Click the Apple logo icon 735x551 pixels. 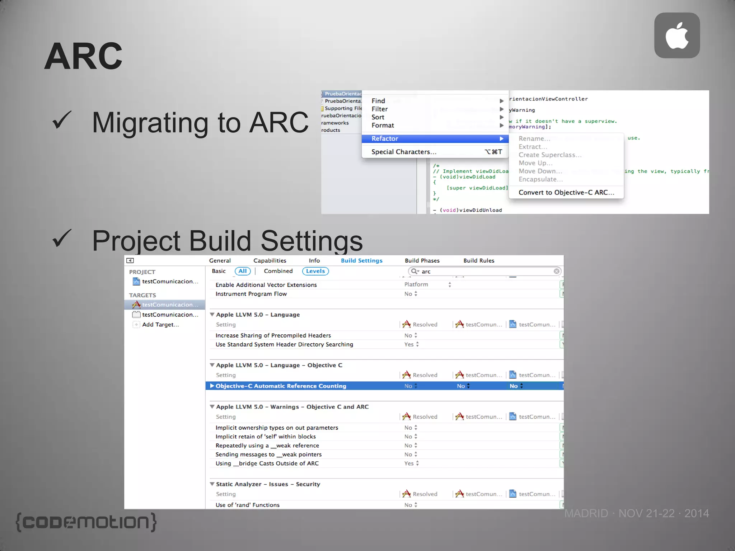click(677, 36)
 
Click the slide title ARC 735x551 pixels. click(83, 56)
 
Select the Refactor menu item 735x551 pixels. click(385, 139)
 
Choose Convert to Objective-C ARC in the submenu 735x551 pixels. click(566, 193)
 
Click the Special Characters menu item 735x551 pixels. click(404, 152)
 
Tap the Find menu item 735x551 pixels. click(378, 101)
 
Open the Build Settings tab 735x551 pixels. click(361, 261)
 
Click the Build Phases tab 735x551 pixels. click(422, 261)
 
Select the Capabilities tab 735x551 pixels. click(270, 261)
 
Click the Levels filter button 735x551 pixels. click(315, 271)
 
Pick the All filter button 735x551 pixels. click(243, 271)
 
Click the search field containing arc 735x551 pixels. click(484, 272)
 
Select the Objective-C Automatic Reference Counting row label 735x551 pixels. click(281, 386)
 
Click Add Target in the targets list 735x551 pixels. click(160, 325)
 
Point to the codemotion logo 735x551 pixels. click(86, 522)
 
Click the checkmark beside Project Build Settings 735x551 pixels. click(62, 239)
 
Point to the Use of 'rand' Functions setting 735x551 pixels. click(247, 505)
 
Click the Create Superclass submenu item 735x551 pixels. click(549, 155)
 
